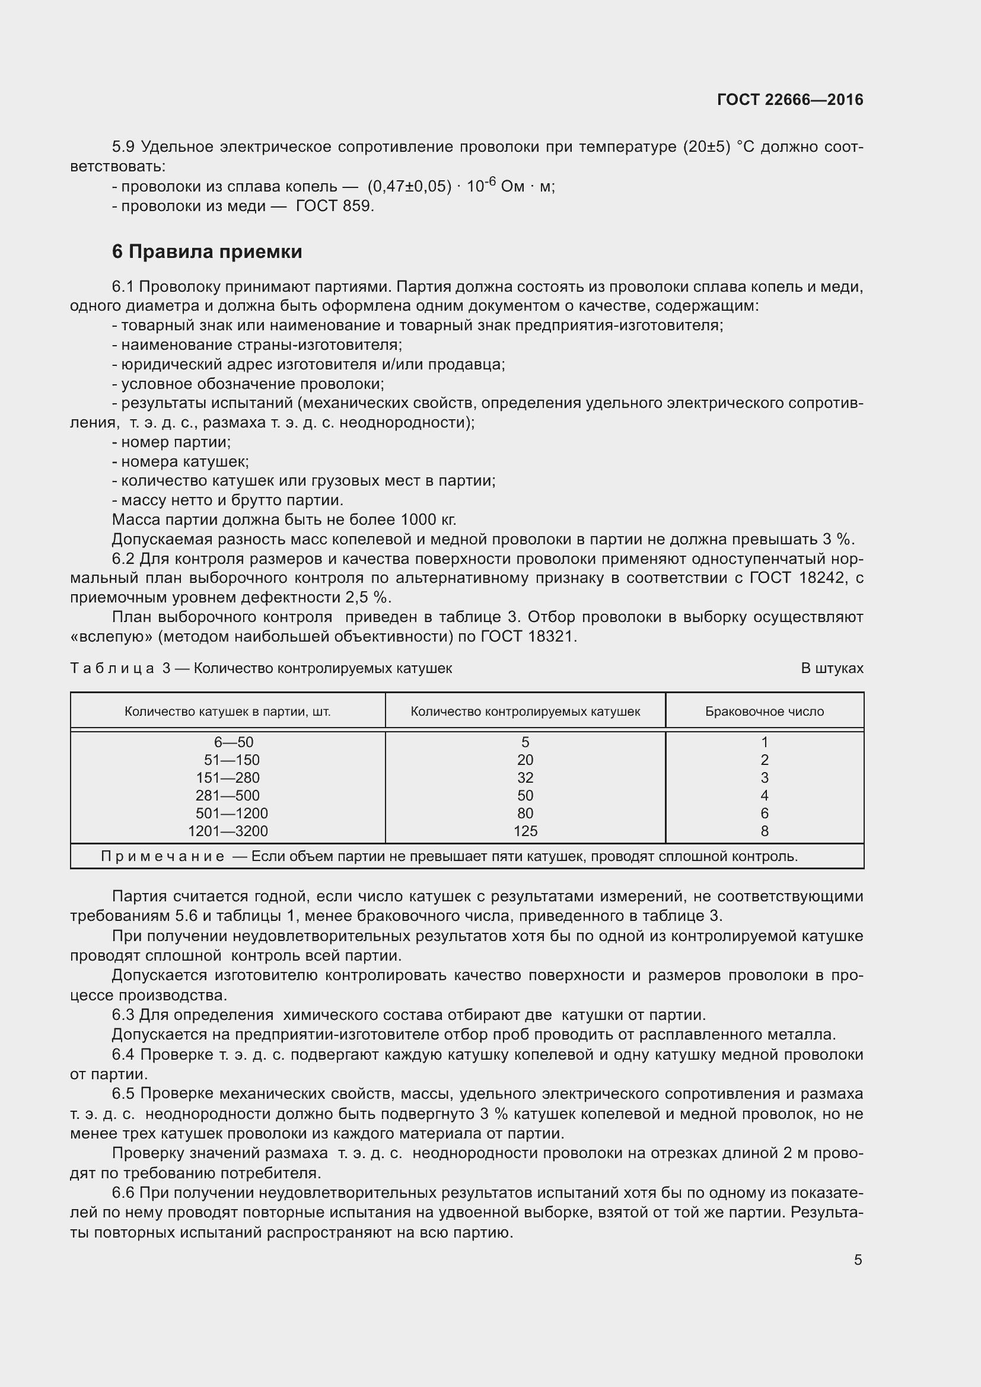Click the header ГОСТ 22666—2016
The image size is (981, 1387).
pos(789,100)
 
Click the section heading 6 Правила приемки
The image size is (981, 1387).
pos(206,251)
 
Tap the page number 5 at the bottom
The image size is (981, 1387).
pos(858,1260)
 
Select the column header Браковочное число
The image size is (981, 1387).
pos(764,712)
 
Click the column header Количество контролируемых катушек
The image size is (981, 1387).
pos(525,712)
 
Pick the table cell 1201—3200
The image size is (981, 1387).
pos(228,831)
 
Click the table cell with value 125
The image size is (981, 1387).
pos(525,831)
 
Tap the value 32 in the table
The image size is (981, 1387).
pos(525,778)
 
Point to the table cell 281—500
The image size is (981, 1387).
pos(228,796)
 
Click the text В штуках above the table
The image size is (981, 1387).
pos(832,669)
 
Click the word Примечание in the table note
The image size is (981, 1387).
pos(163,857)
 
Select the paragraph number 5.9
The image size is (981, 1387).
pos(123,148)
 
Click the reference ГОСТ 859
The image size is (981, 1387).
pos(334,206)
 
